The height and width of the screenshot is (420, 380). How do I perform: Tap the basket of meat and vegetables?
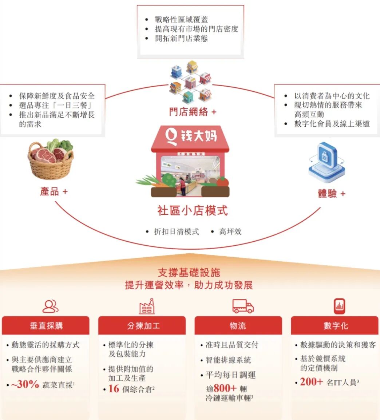(x=50, y=159)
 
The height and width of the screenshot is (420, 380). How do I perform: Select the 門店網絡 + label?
(x=193, y=112)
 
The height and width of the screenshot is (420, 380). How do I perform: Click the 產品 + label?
(x=54, y=191)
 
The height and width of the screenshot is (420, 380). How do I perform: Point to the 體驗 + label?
(x=331, y=194)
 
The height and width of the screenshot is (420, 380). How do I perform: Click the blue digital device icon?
(x=326, y=162)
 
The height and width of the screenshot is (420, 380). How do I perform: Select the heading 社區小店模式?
(x=193, y=211)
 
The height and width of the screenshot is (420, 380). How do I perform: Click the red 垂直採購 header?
(x=46, y=325)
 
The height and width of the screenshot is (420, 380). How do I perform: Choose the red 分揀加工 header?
(x=142, y=325)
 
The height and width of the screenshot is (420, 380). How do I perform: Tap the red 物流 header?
(x=238, y=325)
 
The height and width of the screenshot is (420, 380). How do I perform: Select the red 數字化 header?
(x=335, y=325)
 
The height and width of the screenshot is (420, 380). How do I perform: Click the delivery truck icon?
(x=243, y=306)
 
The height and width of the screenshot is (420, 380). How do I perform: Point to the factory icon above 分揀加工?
(x=147, y=306)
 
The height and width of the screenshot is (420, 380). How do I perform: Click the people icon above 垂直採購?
(x=50, y=306)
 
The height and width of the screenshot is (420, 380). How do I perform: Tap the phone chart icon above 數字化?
(x=339, y=306)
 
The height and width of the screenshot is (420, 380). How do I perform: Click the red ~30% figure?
(x=25, y=385)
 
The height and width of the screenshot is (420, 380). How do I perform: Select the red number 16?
(x=114, y=389)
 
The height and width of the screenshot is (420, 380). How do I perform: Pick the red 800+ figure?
(x=225, y=388)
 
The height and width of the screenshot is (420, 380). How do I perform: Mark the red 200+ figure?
(x=311, y=382)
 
